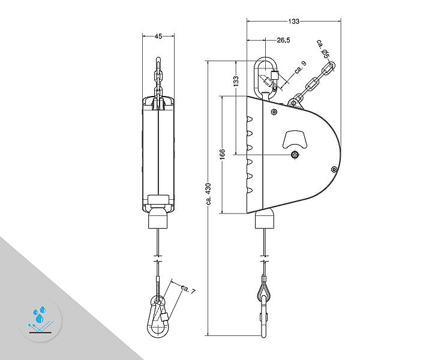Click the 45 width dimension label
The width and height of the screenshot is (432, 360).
click(158, 36)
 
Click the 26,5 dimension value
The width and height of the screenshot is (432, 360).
click(284, 41)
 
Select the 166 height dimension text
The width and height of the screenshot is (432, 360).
click(221, 155)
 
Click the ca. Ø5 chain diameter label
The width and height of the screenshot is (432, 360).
click(323, 49)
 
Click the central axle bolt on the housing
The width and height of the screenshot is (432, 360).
click(295, 155)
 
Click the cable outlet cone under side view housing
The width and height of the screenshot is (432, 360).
click(265, 220)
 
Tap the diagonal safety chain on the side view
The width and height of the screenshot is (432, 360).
click(314, 82)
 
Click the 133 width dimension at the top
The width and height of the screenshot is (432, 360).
click(293, 22)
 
